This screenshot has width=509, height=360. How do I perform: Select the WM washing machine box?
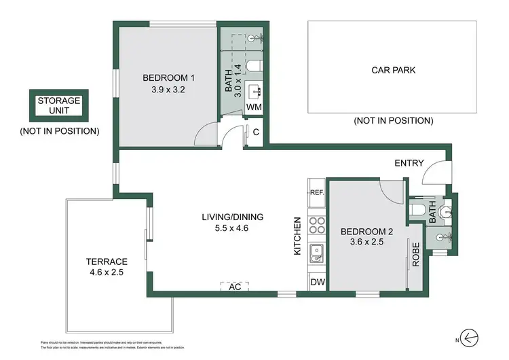[x=254, y=107]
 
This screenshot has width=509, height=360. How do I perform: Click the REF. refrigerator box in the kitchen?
[x=316, y=192]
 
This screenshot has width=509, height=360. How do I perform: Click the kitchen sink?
[x=316, y=255]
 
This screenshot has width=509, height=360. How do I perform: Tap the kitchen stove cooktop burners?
[x=316, y=226]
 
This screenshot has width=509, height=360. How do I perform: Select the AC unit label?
[x=235, y=287]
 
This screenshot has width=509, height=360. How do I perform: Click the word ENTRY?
[x=409, y=163]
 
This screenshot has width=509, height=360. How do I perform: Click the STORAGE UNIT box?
[x=58, y=105]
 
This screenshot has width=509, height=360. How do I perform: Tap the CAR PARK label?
[x=393, y=69]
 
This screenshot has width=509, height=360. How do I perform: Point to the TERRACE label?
[x=107, y=262]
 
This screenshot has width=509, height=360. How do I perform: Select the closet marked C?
[x=254, y=132]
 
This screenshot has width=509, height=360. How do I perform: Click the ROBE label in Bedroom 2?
[x=415, y=254]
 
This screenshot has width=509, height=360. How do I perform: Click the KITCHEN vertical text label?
[x=297, y=236]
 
